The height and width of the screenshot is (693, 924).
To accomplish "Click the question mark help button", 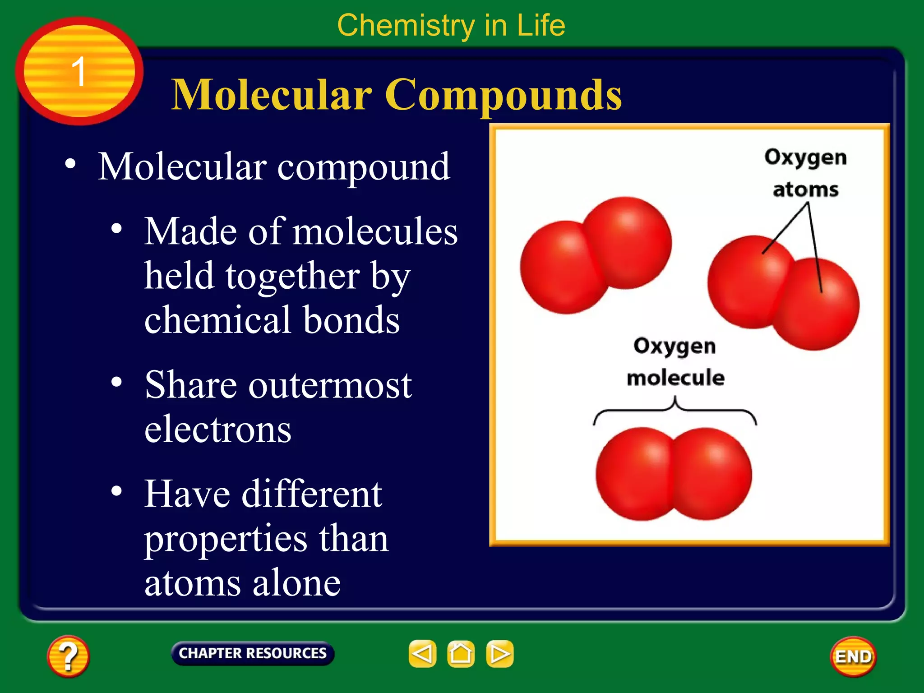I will click(68, 656).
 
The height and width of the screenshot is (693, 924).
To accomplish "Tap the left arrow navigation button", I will click(422, 654).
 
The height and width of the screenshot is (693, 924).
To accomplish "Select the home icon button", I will click(461, 654).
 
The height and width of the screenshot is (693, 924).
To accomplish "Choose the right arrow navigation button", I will click(499, 654).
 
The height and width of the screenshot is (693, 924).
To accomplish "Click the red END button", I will click(853, 656).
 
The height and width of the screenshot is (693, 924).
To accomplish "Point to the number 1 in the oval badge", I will click(79, 71).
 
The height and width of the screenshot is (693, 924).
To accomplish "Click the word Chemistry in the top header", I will click(406, 25).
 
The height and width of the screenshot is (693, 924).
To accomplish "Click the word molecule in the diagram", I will click(675, 378).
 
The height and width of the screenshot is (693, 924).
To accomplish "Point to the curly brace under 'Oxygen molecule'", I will click(675, 410).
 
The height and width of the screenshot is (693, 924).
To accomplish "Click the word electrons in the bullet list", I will click(218, 429).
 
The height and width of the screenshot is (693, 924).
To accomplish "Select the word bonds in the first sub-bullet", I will click(351, 320).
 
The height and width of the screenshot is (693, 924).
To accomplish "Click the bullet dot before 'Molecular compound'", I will click(70, 164).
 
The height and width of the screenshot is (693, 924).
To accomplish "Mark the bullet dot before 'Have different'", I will click(117, 491).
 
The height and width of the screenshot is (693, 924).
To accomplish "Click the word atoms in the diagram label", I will click(806, 190).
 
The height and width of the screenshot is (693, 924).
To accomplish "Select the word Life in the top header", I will click(541, 25).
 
